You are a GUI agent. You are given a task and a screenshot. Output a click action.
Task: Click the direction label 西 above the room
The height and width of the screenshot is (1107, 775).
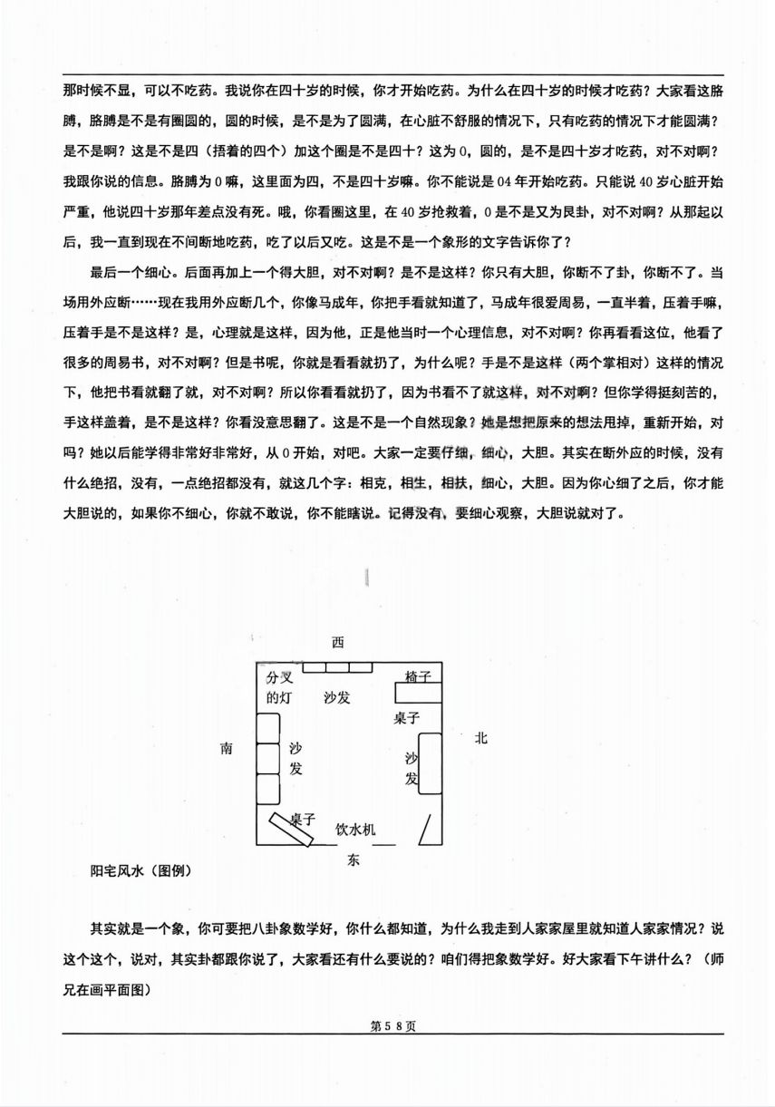tap(337, 643)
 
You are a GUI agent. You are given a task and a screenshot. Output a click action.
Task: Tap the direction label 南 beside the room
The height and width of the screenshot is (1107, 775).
tap(227, 749)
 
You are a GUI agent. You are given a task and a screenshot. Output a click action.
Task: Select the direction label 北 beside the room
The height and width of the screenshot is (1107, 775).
tap(480, 738)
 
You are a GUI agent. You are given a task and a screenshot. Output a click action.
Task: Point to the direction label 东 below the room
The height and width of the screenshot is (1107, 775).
tap(354, 859)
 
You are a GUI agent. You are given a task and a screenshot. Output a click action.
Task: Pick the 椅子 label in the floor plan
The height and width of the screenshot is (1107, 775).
tap(418, 676)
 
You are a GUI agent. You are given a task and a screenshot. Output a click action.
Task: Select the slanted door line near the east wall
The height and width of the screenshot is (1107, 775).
tap(424, 829)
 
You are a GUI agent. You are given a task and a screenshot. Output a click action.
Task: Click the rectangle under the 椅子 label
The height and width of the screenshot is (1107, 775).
tap(418, 694)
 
